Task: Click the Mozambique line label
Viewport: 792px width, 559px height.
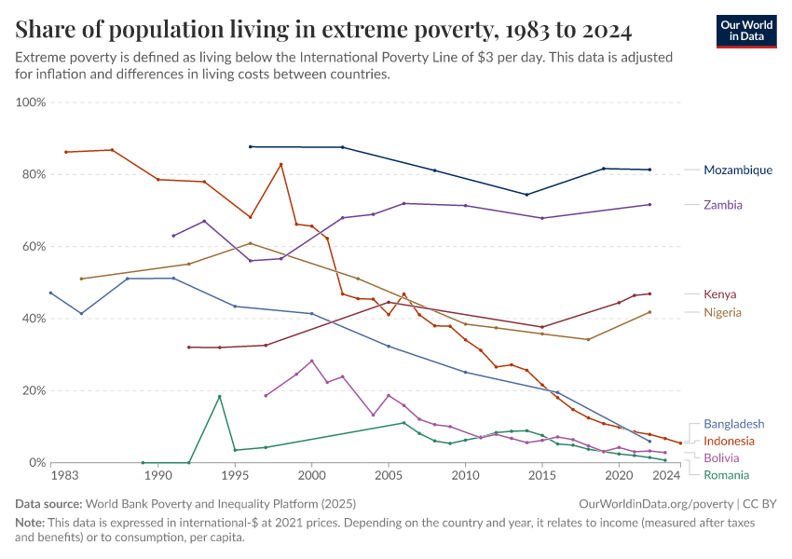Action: click(738, 170)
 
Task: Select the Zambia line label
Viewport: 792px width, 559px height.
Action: click(723, 204)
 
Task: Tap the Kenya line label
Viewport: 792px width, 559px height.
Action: click(720, 294)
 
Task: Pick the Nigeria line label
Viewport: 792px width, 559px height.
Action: click(723, 312)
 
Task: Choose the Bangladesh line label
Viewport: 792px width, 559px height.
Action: click(733, 423)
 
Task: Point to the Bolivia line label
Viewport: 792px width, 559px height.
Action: click(722, 457)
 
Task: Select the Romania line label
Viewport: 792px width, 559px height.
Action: click(727, 474)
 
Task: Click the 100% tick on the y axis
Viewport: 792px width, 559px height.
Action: click(31, 102)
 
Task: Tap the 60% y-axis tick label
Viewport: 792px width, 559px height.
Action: click(34, 247)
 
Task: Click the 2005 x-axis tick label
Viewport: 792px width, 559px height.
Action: click(388, 476)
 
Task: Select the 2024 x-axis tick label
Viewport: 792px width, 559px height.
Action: click(665, 476)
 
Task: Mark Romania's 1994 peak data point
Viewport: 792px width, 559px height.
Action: click(220, 397)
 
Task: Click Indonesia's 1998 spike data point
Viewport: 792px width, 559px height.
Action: click(281, 165)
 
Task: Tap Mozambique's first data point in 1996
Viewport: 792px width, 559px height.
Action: click(250, 146)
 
